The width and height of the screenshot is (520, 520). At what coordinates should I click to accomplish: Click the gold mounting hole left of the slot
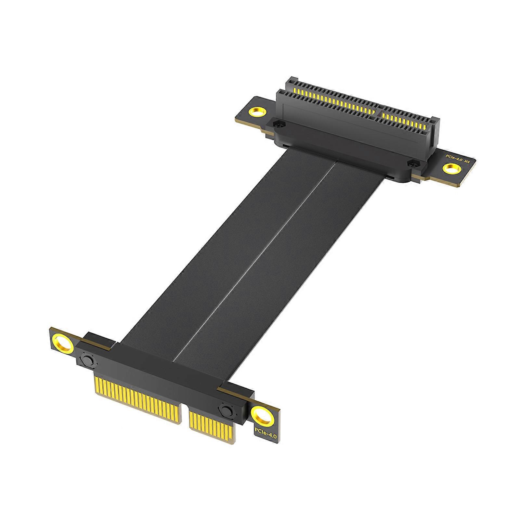pos(257,113)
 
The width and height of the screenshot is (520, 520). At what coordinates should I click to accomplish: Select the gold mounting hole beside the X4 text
pos(451,169)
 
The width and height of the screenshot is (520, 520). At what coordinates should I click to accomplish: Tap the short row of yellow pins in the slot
pos(406,120)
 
